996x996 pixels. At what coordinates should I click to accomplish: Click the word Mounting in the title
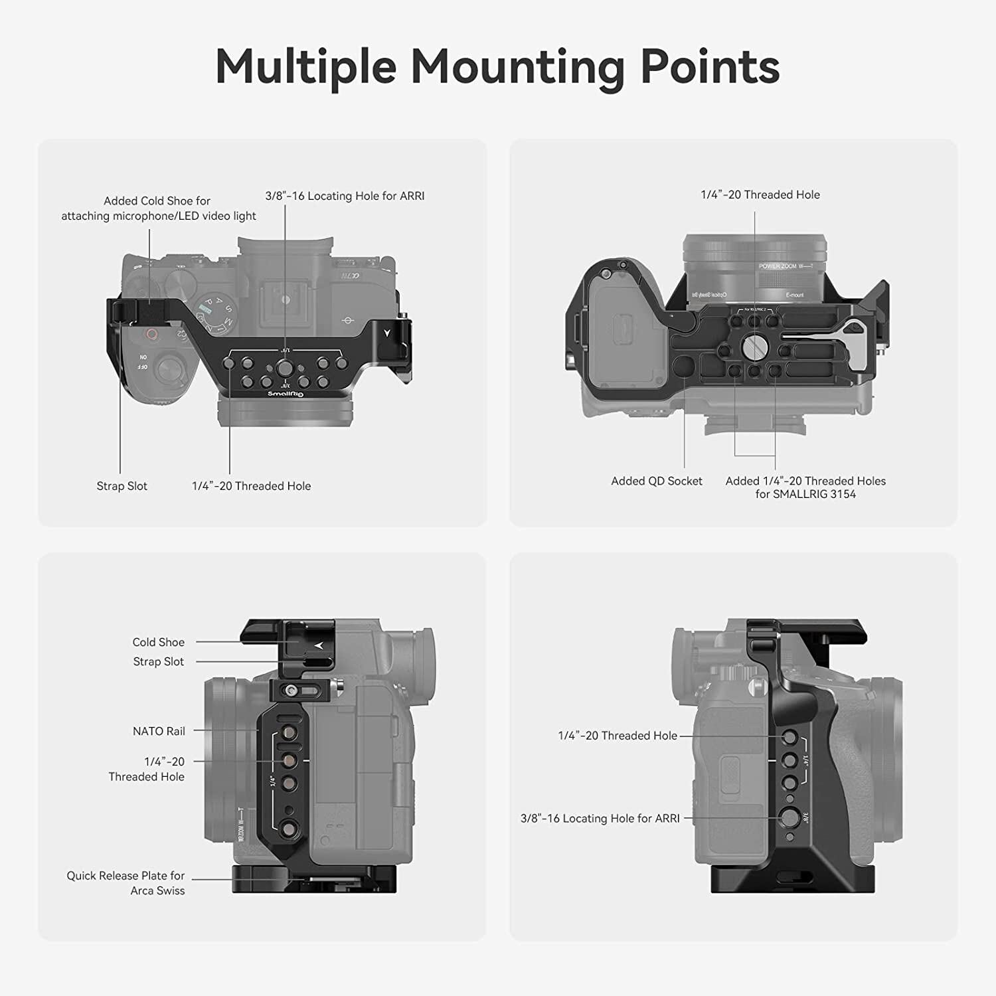tap(517, 68)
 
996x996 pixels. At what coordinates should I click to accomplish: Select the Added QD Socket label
tap(656, 481)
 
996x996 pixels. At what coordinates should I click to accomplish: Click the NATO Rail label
tap(159, 731)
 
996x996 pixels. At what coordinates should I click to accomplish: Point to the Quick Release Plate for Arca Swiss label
tap(125, 883)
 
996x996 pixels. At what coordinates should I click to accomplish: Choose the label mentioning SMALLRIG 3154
tap(805, 487)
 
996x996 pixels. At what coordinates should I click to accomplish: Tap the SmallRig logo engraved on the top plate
tap(285, 394)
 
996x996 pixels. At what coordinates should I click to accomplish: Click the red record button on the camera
tap(152, 335)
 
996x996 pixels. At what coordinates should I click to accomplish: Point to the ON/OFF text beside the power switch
tap(143, 363)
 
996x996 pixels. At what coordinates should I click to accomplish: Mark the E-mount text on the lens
tap(794, 295)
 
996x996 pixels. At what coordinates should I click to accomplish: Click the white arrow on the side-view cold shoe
tap(319, 645)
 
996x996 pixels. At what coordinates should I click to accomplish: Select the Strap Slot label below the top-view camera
tap(122, 486)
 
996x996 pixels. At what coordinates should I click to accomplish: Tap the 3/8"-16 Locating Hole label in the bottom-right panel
tap(600, 819)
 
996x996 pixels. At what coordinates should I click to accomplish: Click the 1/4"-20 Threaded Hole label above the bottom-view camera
tap(760, 195)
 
